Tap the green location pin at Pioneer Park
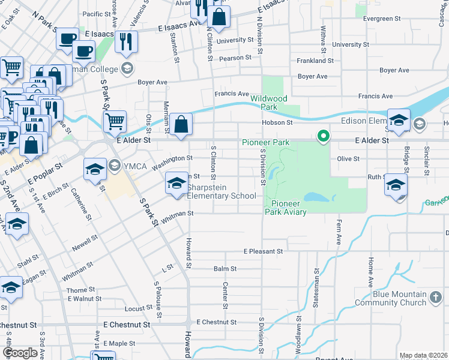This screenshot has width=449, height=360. coord(324,136)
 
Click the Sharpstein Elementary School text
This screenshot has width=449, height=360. coord(221,191)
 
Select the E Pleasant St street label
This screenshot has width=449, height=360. coord(262,251)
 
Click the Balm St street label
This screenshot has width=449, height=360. coord(224,269)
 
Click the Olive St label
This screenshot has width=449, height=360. coord(348,158)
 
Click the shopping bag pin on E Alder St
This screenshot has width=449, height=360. coord(181,125)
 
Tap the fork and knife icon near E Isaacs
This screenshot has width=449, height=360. coord(126,41)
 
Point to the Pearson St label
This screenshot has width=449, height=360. coord(235,58)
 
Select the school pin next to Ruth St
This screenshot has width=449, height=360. coord(396,184)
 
